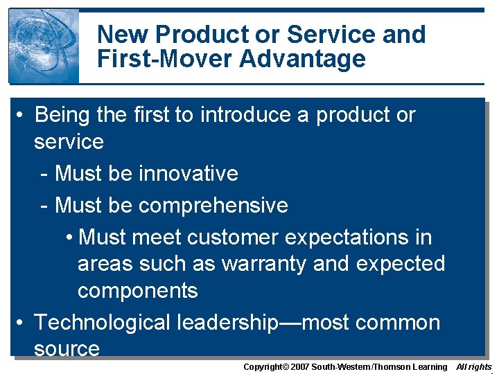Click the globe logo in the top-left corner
click(43, 46)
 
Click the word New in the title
click(123, 34)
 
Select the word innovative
click(189, 173)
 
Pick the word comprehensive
click(213, 205)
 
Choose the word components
click(137, 291)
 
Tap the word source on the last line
click(67, 348)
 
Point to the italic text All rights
click(474, 366)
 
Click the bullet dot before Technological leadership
click(22, 323)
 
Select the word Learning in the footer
click(430, 366)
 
